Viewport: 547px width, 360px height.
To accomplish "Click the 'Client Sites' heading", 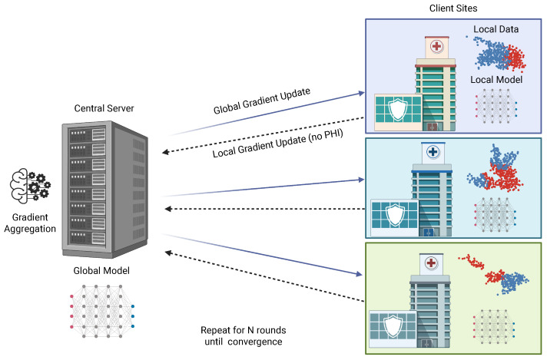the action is click(453, 8).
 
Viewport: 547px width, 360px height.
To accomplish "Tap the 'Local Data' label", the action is click(496, 29).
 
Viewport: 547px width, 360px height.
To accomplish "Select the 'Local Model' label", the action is click(496, 80).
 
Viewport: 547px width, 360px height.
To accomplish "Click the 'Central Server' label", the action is click(104, 108).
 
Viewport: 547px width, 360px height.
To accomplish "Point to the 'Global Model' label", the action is click(101, 270).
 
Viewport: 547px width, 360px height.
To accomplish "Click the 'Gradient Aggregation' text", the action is click(30, 223).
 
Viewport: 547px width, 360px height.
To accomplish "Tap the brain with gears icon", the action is click(30, 186).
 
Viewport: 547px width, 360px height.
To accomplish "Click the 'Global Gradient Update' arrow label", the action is click(262, 101).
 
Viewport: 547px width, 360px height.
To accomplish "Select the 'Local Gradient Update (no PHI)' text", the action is click(277, 144).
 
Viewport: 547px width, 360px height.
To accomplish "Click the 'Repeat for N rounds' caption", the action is click(243, 330).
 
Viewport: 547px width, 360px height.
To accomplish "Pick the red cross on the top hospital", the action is click(437, 46).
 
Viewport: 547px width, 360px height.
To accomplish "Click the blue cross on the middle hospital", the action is click(433, 151).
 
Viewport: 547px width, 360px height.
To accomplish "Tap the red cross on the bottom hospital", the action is click(431, 263).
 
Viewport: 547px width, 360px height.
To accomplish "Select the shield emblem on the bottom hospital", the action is click(393, 326).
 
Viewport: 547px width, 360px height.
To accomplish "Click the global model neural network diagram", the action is click(102, 311).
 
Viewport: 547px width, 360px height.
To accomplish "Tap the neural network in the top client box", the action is click(496, 106).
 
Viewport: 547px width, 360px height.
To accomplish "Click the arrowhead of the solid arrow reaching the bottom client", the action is click(359, 274).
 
